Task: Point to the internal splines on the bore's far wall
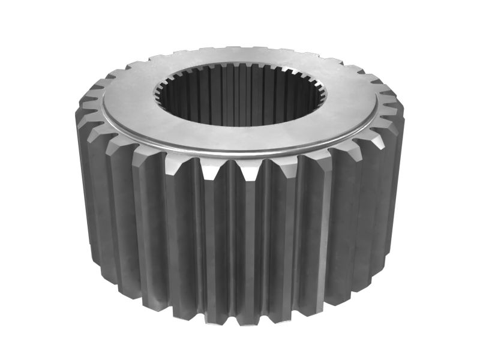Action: (240, 90)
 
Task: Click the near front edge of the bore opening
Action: (240, 125)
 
